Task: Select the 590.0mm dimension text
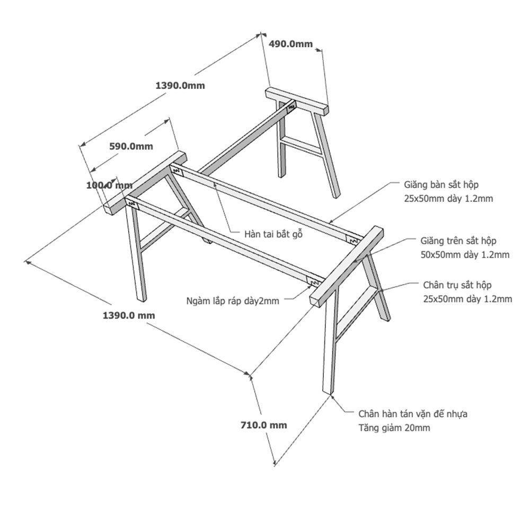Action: (131, 146)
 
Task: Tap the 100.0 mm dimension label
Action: (109, 185)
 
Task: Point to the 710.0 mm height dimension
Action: (263, 425)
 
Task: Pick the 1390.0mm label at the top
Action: (180, 85)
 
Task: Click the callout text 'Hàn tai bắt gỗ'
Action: (273, 233)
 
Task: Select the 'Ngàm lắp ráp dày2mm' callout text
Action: (232, 301)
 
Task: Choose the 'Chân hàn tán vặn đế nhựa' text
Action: (413, 413)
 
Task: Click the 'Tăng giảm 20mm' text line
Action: (394, 428)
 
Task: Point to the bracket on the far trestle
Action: (290, 108)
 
